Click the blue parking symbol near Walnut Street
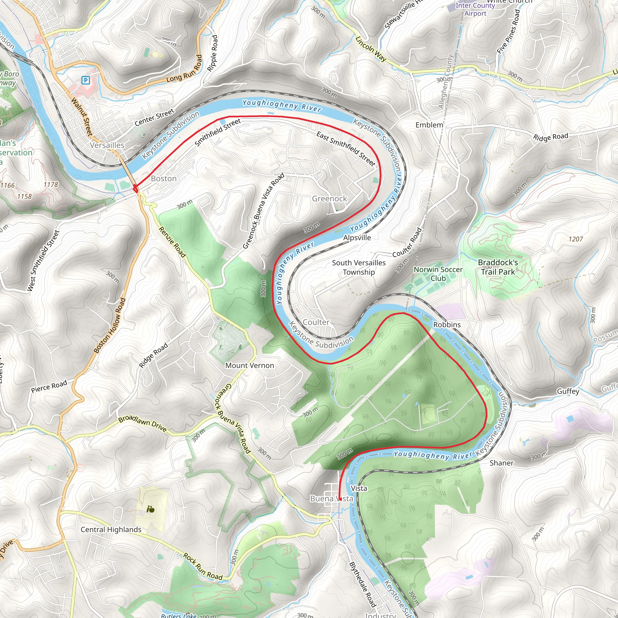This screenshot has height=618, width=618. pos(85,80)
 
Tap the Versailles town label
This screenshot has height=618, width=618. pos(107,145)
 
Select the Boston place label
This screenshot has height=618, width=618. pos(164,179)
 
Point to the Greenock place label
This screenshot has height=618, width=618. pos(329,199)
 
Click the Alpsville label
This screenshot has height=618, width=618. pos(357,238)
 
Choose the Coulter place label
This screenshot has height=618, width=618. pos(316,322)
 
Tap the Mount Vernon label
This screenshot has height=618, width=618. pos(250,365)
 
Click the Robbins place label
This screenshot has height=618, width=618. pos(447,324)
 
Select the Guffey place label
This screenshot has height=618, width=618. pos(568,391)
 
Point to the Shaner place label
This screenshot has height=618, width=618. pos(501,463)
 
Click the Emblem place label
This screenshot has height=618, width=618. pos(429,125)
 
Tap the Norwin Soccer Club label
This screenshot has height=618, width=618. pos(438,274)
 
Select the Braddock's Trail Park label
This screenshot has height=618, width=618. pos(498,267)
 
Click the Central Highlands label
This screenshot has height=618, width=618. pos(111,529)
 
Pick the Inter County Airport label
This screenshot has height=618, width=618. pos(475,9)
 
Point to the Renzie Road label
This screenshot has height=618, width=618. pos(172,242)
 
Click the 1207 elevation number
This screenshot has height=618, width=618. pos(575,239)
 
